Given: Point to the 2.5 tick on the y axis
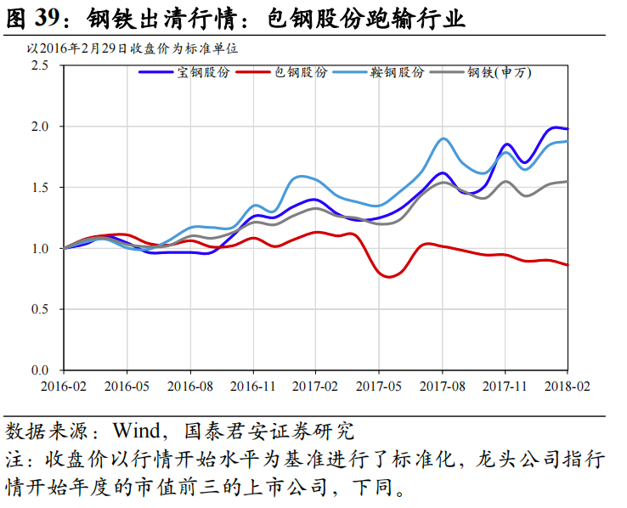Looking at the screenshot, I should (41, 65).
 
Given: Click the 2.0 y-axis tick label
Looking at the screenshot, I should (41, 127).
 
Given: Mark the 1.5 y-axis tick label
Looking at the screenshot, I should (41, 188).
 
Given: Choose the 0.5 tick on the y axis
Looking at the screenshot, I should (41, 309).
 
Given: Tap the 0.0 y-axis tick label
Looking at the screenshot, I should (41, 370).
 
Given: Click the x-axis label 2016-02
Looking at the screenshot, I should (64, 385).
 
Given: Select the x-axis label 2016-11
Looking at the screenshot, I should (253, 385).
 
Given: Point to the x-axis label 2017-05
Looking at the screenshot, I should (379, 385).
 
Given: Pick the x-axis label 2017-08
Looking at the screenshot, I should (442, 385).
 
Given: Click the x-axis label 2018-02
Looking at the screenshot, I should (568, 385).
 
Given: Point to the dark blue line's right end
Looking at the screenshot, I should (568, 128).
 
